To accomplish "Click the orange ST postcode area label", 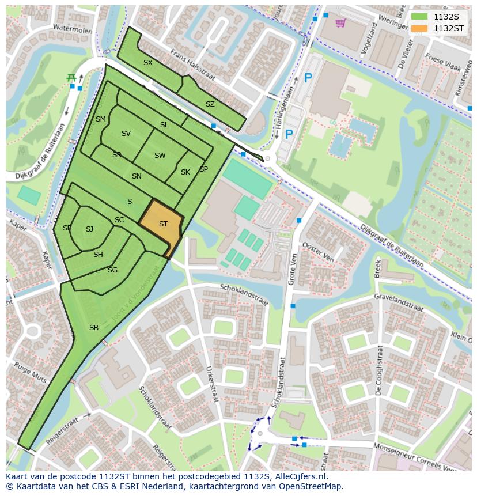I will point(163,224).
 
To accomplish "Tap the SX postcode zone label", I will point(148,63).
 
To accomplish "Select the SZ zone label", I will point(210,104).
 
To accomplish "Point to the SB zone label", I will point(93,327).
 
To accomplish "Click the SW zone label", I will point(160,156).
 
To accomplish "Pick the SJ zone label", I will point(89,229).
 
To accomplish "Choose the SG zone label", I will point(112,270).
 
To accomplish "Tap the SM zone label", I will point(101,119).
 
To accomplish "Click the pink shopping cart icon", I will point(340,23).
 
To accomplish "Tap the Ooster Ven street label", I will point(318,252).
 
